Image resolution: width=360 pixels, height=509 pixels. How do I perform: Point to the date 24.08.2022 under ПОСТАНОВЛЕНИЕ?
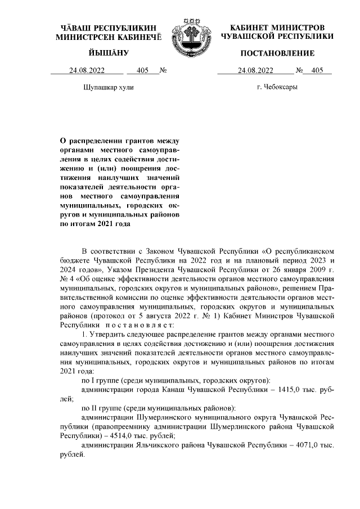pos(256,71)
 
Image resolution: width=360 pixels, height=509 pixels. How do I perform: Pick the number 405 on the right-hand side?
pos(317,71)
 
